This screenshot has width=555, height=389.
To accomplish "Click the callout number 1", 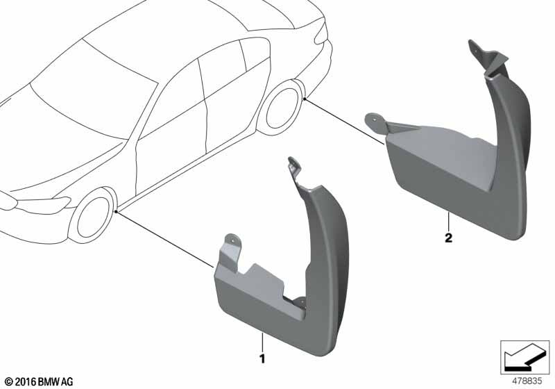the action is pos(262,359).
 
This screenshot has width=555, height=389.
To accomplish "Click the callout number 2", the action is pos(448,238).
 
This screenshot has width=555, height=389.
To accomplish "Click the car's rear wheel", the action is pos(282,108).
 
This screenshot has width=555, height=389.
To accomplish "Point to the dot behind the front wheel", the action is pos(117,211).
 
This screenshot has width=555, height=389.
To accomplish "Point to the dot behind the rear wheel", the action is pos(305,99).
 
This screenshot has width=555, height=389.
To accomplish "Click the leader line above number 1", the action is pos(262,342).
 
